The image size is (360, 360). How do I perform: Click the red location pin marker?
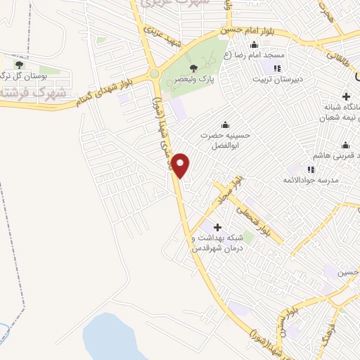(181, 165)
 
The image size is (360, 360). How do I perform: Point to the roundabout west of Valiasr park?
(154, 73)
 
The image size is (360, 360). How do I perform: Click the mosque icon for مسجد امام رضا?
(254, 44)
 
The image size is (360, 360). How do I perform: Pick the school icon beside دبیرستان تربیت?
(276, 68)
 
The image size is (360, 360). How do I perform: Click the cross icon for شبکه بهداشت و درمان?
(217, 227)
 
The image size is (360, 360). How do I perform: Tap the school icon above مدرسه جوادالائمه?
(310, 169)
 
